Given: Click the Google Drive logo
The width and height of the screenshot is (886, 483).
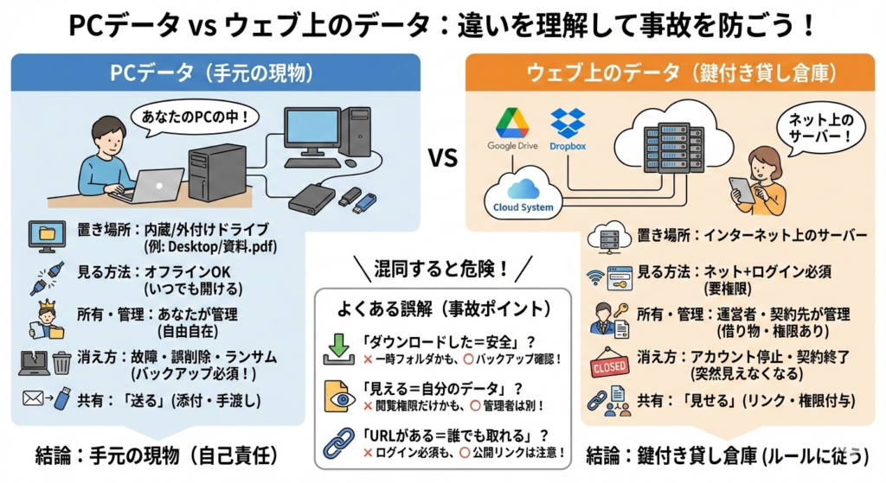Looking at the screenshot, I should pyautogui.click(x=512, y=122).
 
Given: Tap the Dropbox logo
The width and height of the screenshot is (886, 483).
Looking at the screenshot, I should pyautogui.click(x=568, y=122).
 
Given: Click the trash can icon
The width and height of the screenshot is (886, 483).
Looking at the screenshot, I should pyautogui.click(x=61, y=364).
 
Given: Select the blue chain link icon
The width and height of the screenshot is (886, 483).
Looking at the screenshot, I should pyautogui.click(x=337, y=443).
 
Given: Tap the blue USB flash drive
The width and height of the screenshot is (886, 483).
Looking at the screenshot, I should pyautogui.click(x=364, y=203).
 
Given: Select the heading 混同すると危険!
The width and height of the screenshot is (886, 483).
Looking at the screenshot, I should pyautogui.click(x=442, y=268).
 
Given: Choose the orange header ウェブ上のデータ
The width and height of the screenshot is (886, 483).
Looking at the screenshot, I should pyautogui.click(x=675, y=73).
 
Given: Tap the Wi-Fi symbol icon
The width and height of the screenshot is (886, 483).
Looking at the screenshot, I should pyautogui.click(x=595, y=276).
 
